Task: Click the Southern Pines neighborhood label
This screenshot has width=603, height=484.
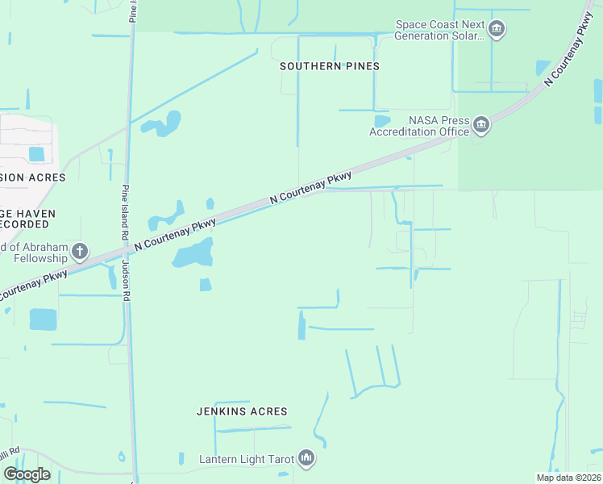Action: click(x=329, y=66)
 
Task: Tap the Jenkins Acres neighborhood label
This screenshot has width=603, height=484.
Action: click(x=242, y=411)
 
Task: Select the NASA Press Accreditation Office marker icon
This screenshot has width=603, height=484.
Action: click(x=481, y=125)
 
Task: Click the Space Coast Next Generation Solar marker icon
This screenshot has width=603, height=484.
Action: click(x=497, y=31)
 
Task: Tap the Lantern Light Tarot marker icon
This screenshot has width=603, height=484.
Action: click(x=306, y=459)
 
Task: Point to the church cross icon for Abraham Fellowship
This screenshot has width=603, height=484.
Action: click(x=79, y=252)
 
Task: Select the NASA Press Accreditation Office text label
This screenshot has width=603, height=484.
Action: click(x=419, y=126)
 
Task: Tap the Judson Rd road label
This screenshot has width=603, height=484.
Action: click(x=126, y=280)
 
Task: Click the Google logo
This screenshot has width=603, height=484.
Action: click(x=27, y=474)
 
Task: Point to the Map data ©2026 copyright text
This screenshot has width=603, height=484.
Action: click(x=568, y=478)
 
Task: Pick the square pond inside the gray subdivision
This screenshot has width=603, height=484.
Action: click(x=36, y=153)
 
